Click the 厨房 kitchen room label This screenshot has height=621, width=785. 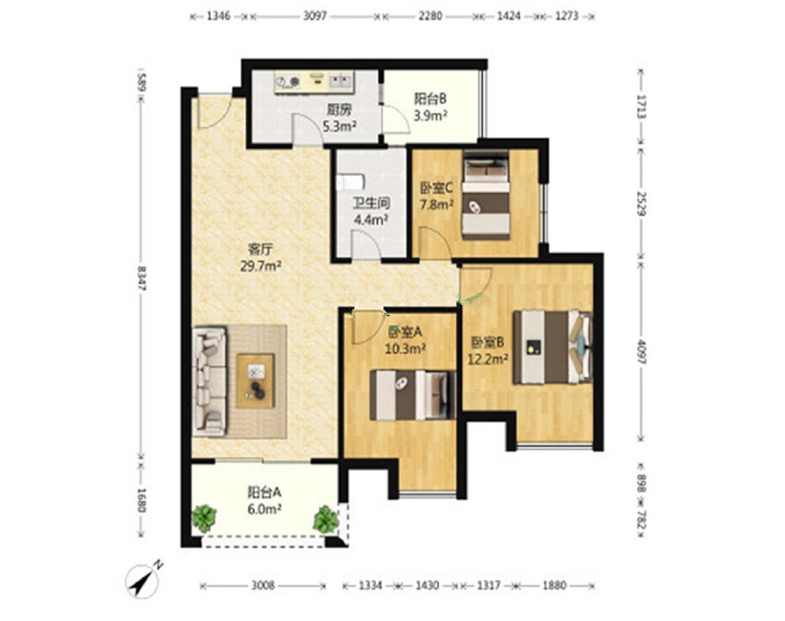point(339,110)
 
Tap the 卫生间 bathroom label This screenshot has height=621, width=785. point(371,203)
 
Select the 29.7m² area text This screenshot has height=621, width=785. point(260,266)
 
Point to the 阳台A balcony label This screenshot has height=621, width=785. point(264,492)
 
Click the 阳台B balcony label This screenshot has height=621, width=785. point(431,99)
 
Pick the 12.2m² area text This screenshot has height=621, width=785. point(488,360)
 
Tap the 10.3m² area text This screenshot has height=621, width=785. point(405,349)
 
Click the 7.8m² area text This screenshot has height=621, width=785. point(437,205)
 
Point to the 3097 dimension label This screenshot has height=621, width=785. point(315,16)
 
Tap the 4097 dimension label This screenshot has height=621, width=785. point(641,352)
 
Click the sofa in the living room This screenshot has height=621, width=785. point(209,381)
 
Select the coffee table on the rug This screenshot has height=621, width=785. point(255,381)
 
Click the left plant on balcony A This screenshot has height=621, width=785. point(204,518)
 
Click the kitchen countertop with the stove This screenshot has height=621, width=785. point(314,81)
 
